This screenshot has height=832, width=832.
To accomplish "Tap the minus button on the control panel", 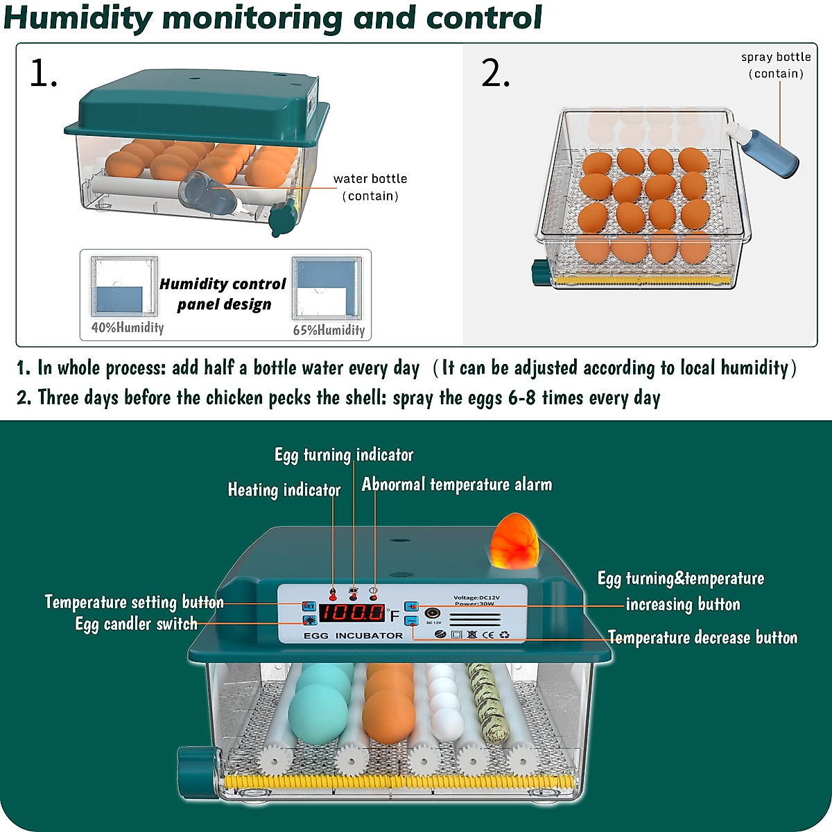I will click(x=411, y=621).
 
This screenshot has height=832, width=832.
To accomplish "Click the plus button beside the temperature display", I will click(x=411, y=607).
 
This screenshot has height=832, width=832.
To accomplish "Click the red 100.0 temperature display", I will click(x=352, y=613).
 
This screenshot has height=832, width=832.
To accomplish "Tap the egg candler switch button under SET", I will click(x=309, y=620).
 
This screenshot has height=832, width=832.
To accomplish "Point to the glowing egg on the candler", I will click(x=515, y=537).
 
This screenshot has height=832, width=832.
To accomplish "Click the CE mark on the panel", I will click(x=488, y=634).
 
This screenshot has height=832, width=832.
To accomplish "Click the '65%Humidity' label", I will click(x=329, y=330).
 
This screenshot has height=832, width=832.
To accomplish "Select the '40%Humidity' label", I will click(x=128, y=328).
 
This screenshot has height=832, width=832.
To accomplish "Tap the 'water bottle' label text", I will click(x=370, y=179).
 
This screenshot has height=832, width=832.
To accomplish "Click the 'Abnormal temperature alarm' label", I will click(x=457, y=485).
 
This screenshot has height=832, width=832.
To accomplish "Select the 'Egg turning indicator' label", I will click(x=344, y=455).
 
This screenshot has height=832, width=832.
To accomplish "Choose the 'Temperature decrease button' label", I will click(x=702, y=638).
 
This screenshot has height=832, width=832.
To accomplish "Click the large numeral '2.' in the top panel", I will click(x=495, y=73).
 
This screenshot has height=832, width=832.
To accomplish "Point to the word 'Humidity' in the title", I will click(x=78, y=17).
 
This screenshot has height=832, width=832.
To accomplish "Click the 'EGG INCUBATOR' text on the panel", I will click(x=353, y=636).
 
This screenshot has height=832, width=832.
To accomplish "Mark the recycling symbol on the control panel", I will click(x=504, y=634).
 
